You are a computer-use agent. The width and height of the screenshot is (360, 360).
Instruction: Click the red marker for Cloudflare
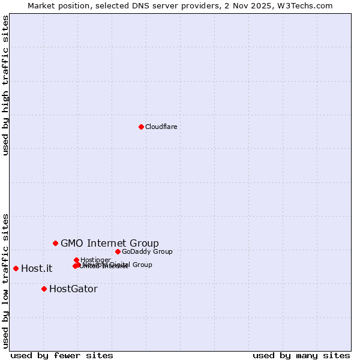(141, 127)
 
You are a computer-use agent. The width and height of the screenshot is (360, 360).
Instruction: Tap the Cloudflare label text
(161, 127)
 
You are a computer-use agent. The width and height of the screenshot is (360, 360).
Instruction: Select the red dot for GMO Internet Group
(55, 243)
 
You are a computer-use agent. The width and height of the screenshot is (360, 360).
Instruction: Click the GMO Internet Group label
(110, 243)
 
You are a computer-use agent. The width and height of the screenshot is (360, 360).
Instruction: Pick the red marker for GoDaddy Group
(118, 251)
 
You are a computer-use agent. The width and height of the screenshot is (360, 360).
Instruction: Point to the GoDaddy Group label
(147, 251)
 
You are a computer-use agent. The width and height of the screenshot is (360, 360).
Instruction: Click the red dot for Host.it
(16, 268)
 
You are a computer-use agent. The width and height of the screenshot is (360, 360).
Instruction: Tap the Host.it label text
(37, 268)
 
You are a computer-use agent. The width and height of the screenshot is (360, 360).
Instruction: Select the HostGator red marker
(44, 289)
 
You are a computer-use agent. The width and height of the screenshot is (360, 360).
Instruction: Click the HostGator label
(73, 289)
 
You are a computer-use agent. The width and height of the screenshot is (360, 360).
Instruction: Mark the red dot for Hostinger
(76, 260)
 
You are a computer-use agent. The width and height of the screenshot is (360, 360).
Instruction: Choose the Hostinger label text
(96, 260)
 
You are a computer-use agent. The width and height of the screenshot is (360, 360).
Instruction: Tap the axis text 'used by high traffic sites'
(6, 85)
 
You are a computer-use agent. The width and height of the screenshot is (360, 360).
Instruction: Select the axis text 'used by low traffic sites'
(6, 280)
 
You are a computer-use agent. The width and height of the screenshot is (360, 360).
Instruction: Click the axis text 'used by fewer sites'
(62, 355)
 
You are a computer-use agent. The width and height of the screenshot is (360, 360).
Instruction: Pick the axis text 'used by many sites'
(301, 355)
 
